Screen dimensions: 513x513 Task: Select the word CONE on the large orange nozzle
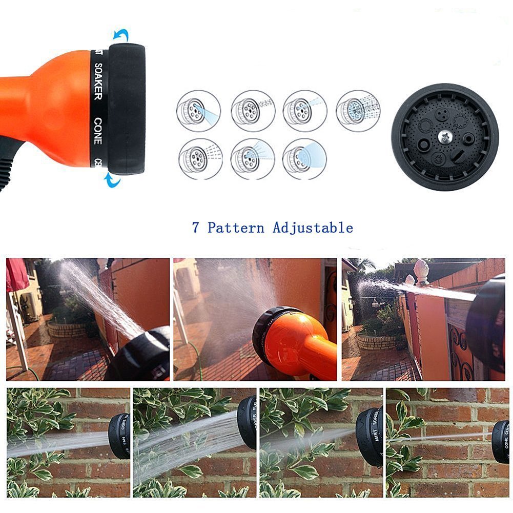pyautogui.click(x=97, y=131)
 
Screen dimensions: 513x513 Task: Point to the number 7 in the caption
pyautogui.click(x=195, y=228)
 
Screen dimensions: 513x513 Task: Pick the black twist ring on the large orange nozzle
pyautogui.click(x=127, y=109)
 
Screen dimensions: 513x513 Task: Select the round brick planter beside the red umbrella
pyautogui.click(x=68, y=329)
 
